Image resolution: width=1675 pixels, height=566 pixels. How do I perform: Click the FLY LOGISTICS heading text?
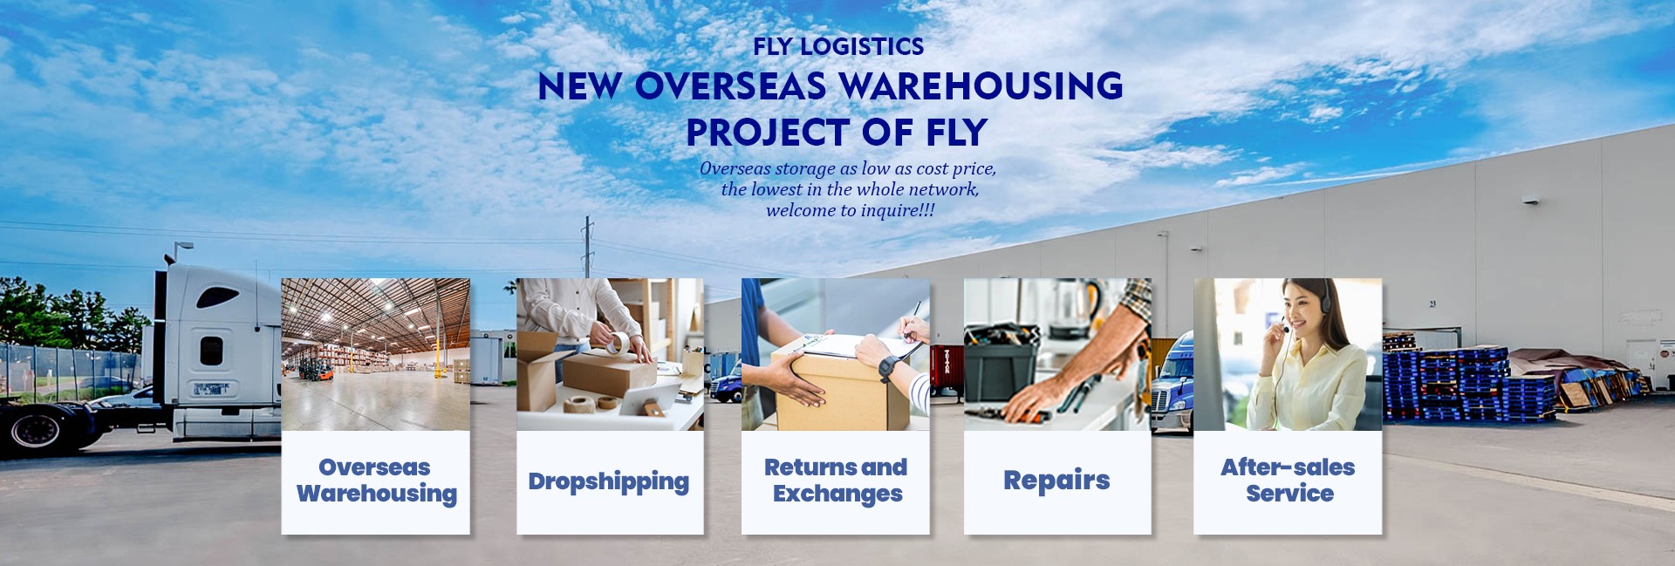[838, 46]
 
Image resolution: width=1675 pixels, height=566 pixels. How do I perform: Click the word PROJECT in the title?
[768, 133]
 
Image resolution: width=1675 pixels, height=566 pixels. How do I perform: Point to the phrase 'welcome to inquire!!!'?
[851, 210]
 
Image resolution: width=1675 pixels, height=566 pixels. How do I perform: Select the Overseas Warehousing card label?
[376, 481]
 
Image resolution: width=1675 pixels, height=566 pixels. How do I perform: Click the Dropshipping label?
[609, 481]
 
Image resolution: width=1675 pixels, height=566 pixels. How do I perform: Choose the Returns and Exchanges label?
[836, 481]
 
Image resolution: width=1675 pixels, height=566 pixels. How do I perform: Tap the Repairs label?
[1056, 481]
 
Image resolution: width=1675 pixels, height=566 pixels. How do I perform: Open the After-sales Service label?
[1288, 481]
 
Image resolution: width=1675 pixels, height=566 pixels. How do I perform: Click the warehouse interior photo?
[375, 354]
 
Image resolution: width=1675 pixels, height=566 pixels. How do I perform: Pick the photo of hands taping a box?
[610, 354]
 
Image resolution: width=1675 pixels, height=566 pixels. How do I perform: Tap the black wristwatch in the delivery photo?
[888, 368]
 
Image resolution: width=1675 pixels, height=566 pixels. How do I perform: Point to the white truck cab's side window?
[211, 351]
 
